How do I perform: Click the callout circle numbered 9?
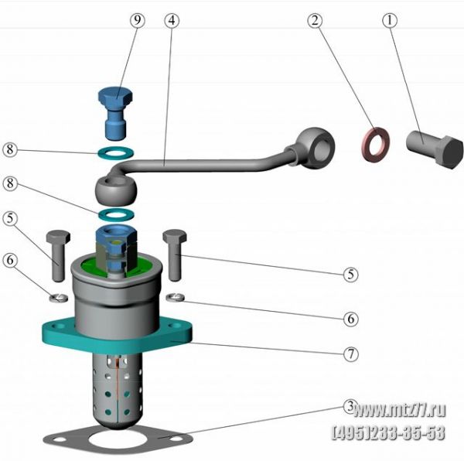tap(138, 20)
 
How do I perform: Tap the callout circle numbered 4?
tap(172, 20)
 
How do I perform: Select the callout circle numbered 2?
tap(315, 20)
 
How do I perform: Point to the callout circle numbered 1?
tap(390, 20)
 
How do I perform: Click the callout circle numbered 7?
tap(350, 353)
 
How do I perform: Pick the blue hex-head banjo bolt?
tap(115, 114)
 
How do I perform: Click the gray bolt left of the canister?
tap(58, 256)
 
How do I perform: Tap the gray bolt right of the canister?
tap(175, 255)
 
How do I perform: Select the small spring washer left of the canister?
tap(58, 298)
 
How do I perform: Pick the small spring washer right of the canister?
tap(176, 297)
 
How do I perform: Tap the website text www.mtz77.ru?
tap(399, 410)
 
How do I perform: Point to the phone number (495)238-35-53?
tap(389, 432)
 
